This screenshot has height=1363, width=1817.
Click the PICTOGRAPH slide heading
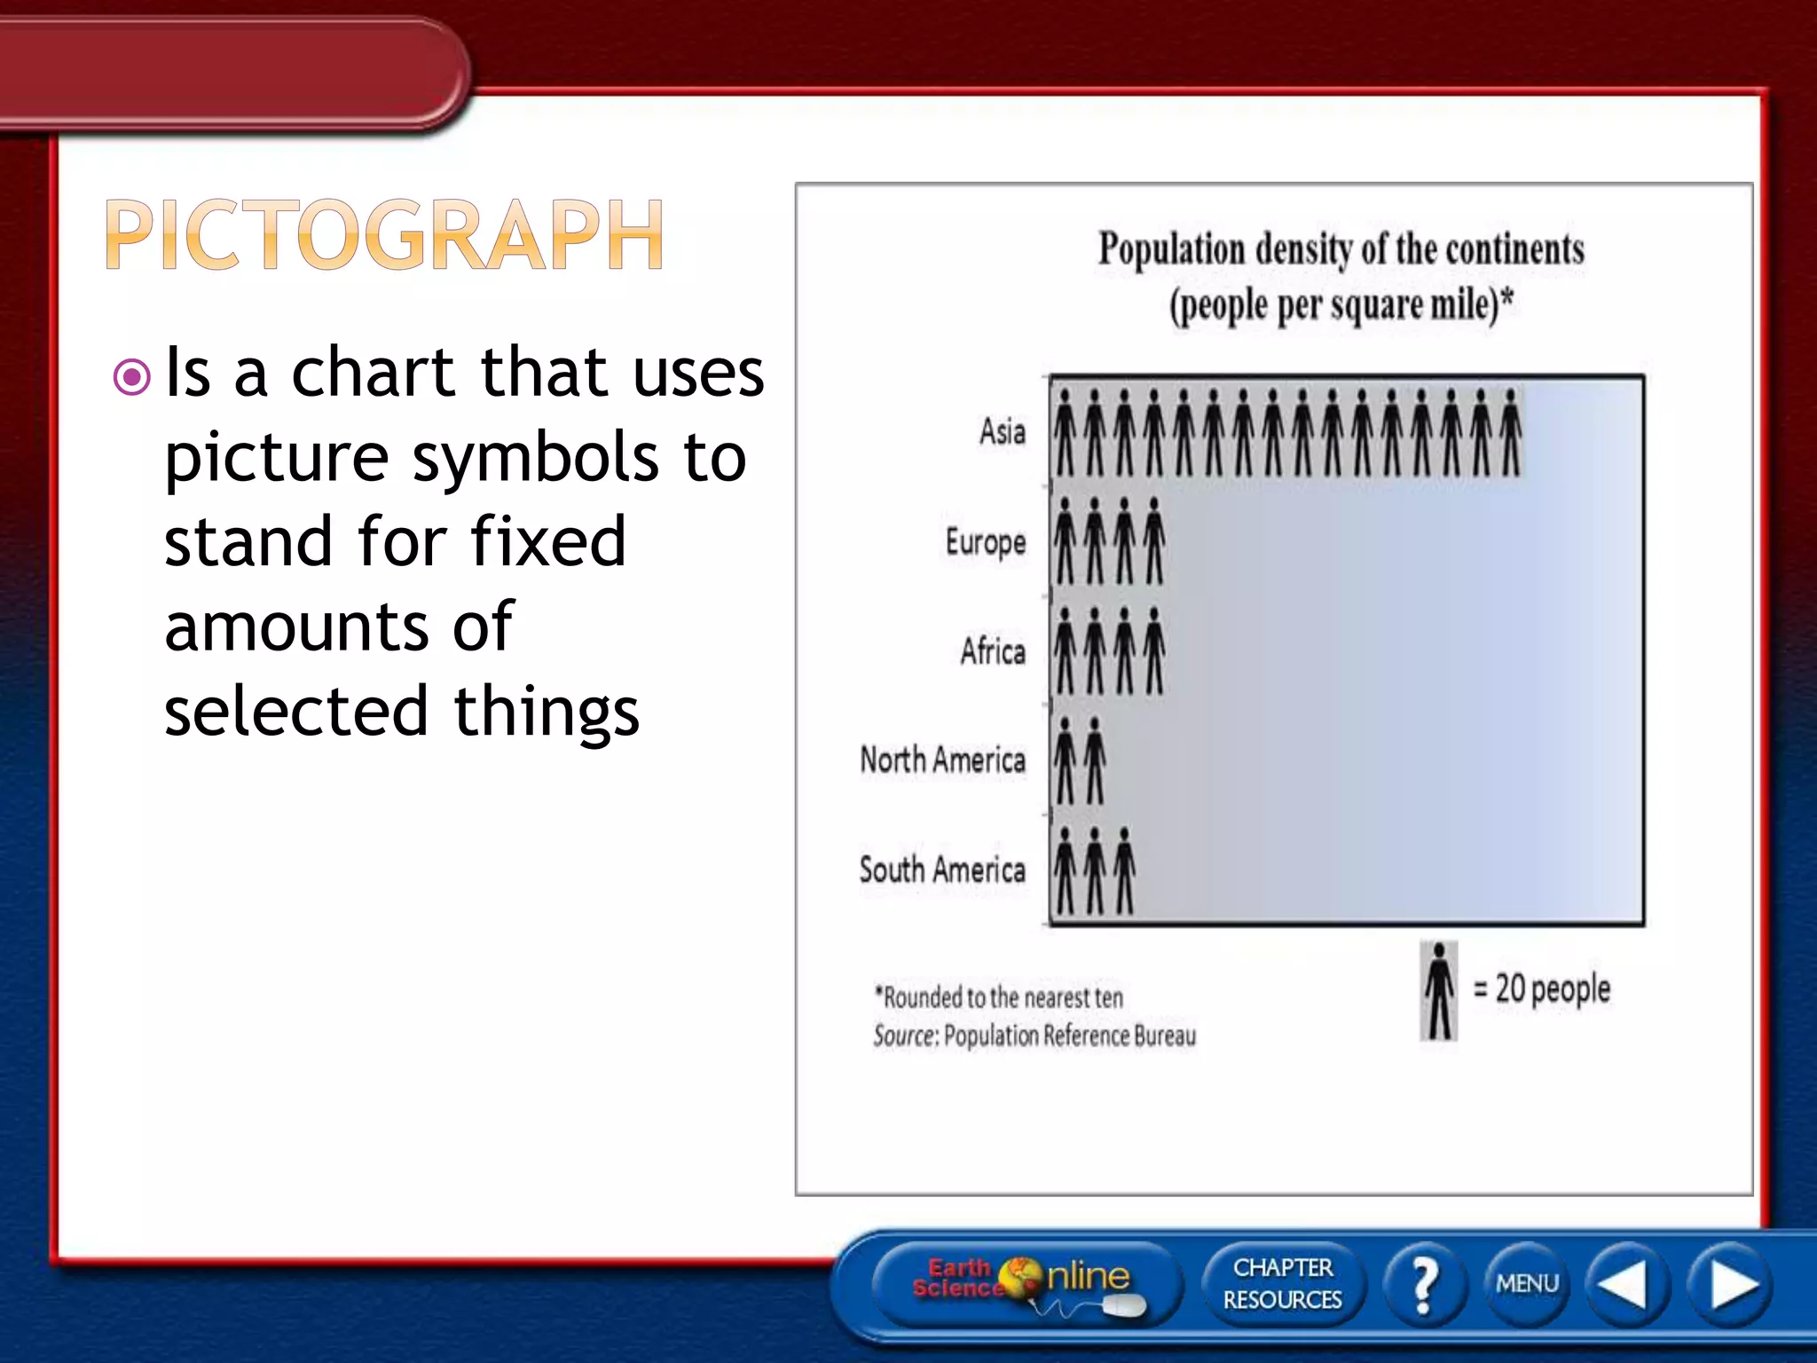tap(384, 234)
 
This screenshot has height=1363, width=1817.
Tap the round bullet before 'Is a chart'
tap(132, 377)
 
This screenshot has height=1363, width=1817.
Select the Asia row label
tap(1002, 432)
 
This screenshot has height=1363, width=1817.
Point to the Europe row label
tap(985, 542)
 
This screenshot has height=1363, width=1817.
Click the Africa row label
tap(992, 651)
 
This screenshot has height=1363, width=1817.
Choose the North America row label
tap(942, 760)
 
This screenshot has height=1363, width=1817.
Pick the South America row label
tap(941, 870)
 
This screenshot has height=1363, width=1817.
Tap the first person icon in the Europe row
tap(1066, 541)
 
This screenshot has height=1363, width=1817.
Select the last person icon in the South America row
tap(1124, 871)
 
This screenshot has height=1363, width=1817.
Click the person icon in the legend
tap(1439, 991)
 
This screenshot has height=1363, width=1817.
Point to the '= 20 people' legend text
tap(1542, 989)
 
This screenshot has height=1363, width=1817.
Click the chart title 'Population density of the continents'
tap(1341, 249)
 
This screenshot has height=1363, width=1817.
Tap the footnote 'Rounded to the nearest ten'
tap(1000, 997)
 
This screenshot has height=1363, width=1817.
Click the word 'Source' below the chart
tap(904, 1036)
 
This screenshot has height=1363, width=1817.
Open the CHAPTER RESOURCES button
tap(1282, 1283)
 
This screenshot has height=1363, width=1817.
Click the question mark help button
tap(1424, 1284)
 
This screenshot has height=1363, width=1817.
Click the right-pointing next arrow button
tap(1731, 1284)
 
